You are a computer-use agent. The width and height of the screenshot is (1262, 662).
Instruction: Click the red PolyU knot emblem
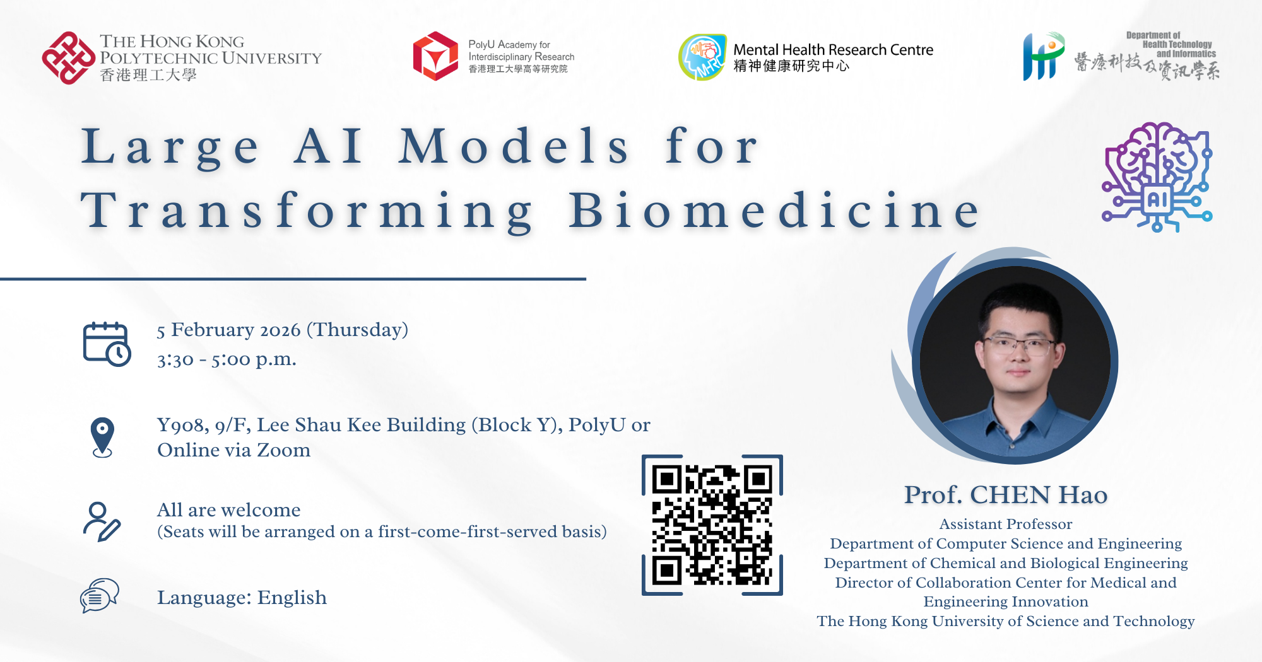pyautogui.click(x=69, y=58)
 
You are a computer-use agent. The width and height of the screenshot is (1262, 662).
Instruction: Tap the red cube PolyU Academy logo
pyautogui.click(x=435, y=56)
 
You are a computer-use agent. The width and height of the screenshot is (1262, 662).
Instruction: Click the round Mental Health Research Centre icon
pyautogui.click(x=702, y=57)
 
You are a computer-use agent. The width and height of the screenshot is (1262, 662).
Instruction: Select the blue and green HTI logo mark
pyautogui.click(x=1044, y=56)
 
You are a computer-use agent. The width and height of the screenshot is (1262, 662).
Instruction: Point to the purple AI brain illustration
pyautogui.click(x=1157, y=177)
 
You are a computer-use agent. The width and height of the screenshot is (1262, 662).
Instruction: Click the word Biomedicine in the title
pyautogui.click(x=775, y=211)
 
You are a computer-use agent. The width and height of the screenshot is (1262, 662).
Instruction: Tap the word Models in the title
pyautogui.click(x=514, y=146)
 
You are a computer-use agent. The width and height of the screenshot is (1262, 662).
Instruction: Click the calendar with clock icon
pyautogui.click(x=107, y=344)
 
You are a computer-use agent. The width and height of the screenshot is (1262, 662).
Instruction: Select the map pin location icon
pyautogui.click(x=102, y=437)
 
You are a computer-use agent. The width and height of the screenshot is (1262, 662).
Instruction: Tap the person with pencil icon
pyautogui.click(x=102, y=522)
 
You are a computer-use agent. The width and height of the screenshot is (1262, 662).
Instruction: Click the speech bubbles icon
pyautogui.click(x=100, y=596)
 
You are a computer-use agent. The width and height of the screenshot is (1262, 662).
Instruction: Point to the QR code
pyautogui.click(x=712, y=525)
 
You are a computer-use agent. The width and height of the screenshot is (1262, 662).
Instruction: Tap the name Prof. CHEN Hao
pyautogui.click(x=1006, y=495)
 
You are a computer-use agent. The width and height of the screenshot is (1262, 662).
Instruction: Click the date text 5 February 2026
pyautogui.click(x=229, y=330)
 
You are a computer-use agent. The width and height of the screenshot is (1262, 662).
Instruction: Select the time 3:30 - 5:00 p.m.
pyautogui.click(x=227, y=359)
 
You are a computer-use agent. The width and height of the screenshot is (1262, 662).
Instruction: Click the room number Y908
pyautogui.click(x=183, y=425)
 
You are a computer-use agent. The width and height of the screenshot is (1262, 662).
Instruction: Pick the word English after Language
pyautogui.click(x=292, y=598)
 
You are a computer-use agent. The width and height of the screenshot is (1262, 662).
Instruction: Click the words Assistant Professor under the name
pyautogui.click(x=1006, y=524)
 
